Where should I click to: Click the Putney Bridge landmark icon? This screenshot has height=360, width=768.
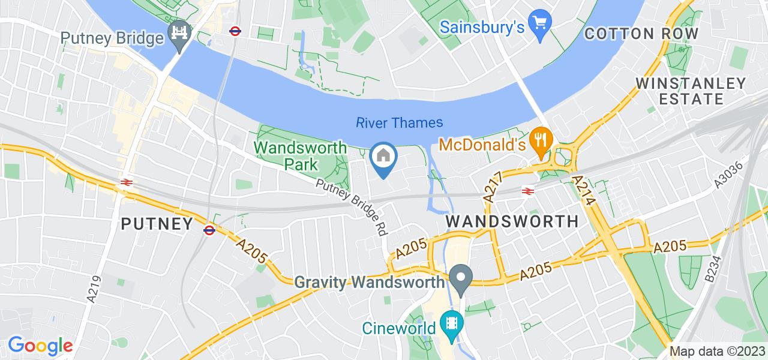[x=179, y=31]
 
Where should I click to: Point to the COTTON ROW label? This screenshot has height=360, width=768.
[x=641, y=34]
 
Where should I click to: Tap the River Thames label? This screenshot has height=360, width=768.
[x=400, y=123]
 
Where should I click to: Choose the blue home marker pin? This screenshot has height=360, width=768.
[x=383, y=158]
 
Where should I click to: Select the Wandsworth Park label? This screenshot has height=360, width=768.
[x=300, y=155]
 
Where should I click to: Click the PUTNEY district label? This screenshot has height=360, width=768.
[x=157, y=224]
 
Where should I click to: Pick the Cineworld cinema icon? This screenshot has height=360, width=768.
[x=451, y=325]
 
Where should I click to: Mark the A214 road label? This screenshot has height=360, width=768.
[x=584, y=190]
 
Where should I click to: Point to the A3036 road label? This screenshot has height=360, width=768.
[x=729, y=176]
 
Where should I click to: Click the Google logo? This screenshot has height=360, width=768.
[x=40, y=346]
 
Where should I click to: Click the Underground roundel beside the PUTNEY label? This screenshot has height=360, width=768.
[x=209, y=229]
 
